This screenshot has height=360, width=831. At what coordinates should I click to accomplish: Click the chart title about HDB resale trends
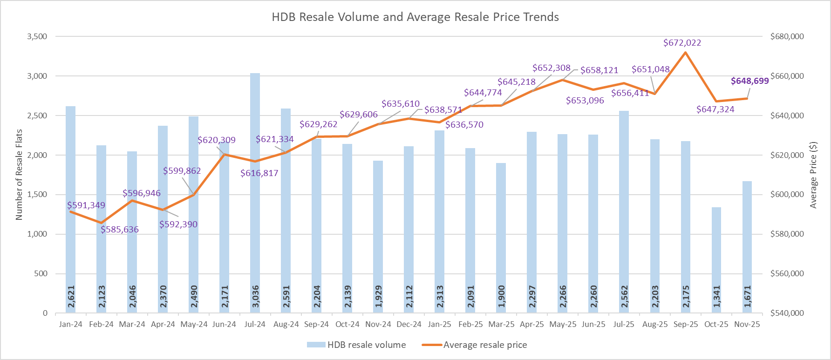click(415, 17)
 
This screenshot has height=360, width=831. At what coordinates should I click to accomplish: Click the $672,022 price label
click(682, 43)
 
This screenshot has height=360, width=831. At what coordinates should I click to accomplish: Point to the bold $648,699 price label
click(749, 81)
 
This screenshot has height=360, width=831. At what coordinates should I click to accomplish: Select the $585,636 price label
click(120, 230)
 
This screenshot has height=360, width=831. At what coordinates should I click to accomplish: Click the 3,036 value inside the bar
click(255, 297)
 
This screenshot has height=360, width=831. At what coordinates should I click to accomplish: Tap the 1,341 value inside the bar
click(716, 297)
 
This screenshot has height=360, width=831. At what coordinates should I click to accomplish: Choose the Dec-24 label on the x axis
click(409, 325)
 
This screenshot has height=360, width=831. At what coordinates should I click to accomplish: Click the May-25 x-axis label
click(563, 325)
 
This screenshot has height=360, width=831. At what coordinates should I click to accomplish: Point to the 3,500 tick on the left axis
click(37, 36)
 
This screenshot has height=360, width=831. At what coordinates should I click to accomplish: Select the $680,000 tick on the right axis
click(787, 36)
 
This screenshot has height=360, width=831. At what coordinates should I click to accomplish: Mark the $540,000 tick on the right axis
click(787, 313)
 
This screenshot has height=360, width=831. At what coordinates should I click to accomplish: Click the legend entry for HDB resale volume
click(356, 345)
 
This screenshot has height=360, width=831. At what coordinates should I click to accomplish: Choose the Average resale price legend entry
click(475, 345)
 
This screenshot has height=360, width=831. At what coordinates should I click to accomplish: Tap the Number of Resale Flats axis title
click(19, 175)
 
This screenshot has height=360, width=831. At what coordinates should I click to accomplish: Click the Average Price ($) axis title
click(813, 175)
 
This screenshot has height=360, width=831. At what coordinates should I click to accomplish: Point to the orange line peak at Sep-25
click(685, 52)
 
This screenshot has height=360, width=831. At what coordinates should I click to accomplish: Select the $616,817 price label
click(259, 173)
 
